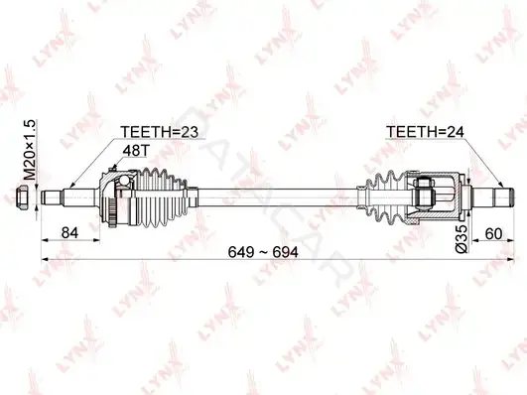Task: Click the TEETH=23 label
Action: click(160, 132)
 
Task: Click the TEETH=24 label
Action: click(425, 132)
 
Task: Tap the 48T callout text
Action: click(135, 151)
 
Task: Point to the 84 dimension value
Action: click(69, 232)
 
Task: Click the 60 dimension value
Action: click(493, 233)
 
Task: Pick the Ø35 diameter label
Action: click(461, 239)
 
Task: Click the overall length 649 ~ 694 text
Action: click(263, 252)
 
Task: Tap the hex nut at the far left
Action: click(24, 197)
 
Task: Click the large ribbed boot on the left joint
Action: click(162, 197)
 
